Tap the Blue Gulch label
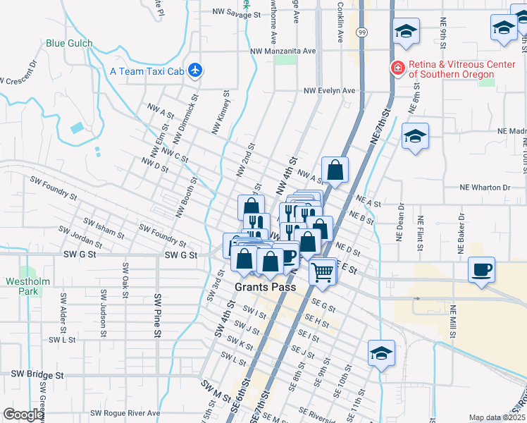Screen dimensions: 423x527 pos(69,43)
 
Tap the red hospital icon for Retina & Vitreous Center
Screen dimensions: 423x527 pos(398,68)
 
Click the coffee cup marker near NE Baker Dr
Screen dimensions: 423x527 pos(482,270)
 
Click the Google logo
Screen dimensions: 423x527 pos(24,415)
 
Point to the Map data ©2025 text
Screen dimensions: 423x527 pos(497,417)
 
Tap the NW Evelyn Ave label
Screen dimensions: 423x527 pos(330,91)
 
